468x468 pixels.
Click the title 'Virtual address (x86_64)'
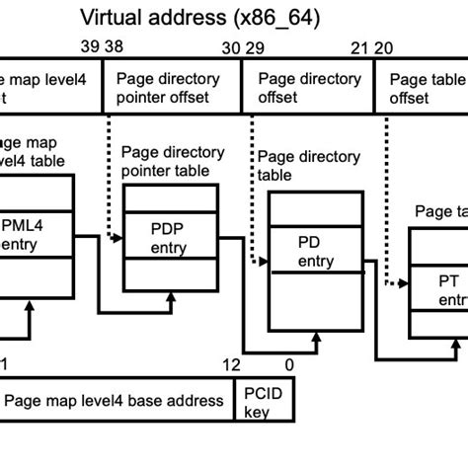pyautogui.click(x=200, y=17)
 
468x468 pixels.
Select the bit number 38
pyautogui.click(x=114, y=47)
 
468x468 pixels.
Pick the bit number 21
pyautogui.click(x=358, y=47)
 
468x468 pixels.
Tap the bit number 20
pyautogui.click(x=383, y=47)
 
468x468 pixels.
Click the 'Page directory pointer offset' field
pyautogui.click(x=172, y=88)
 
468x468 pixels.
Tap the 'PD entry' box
pyautogui.click(x=315, y=253)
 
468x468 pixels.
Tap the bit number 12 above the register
pyautogui.click(x=230, y=365)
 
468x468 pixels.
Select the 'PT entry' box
pyautogui.click(x=445, y=290)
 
